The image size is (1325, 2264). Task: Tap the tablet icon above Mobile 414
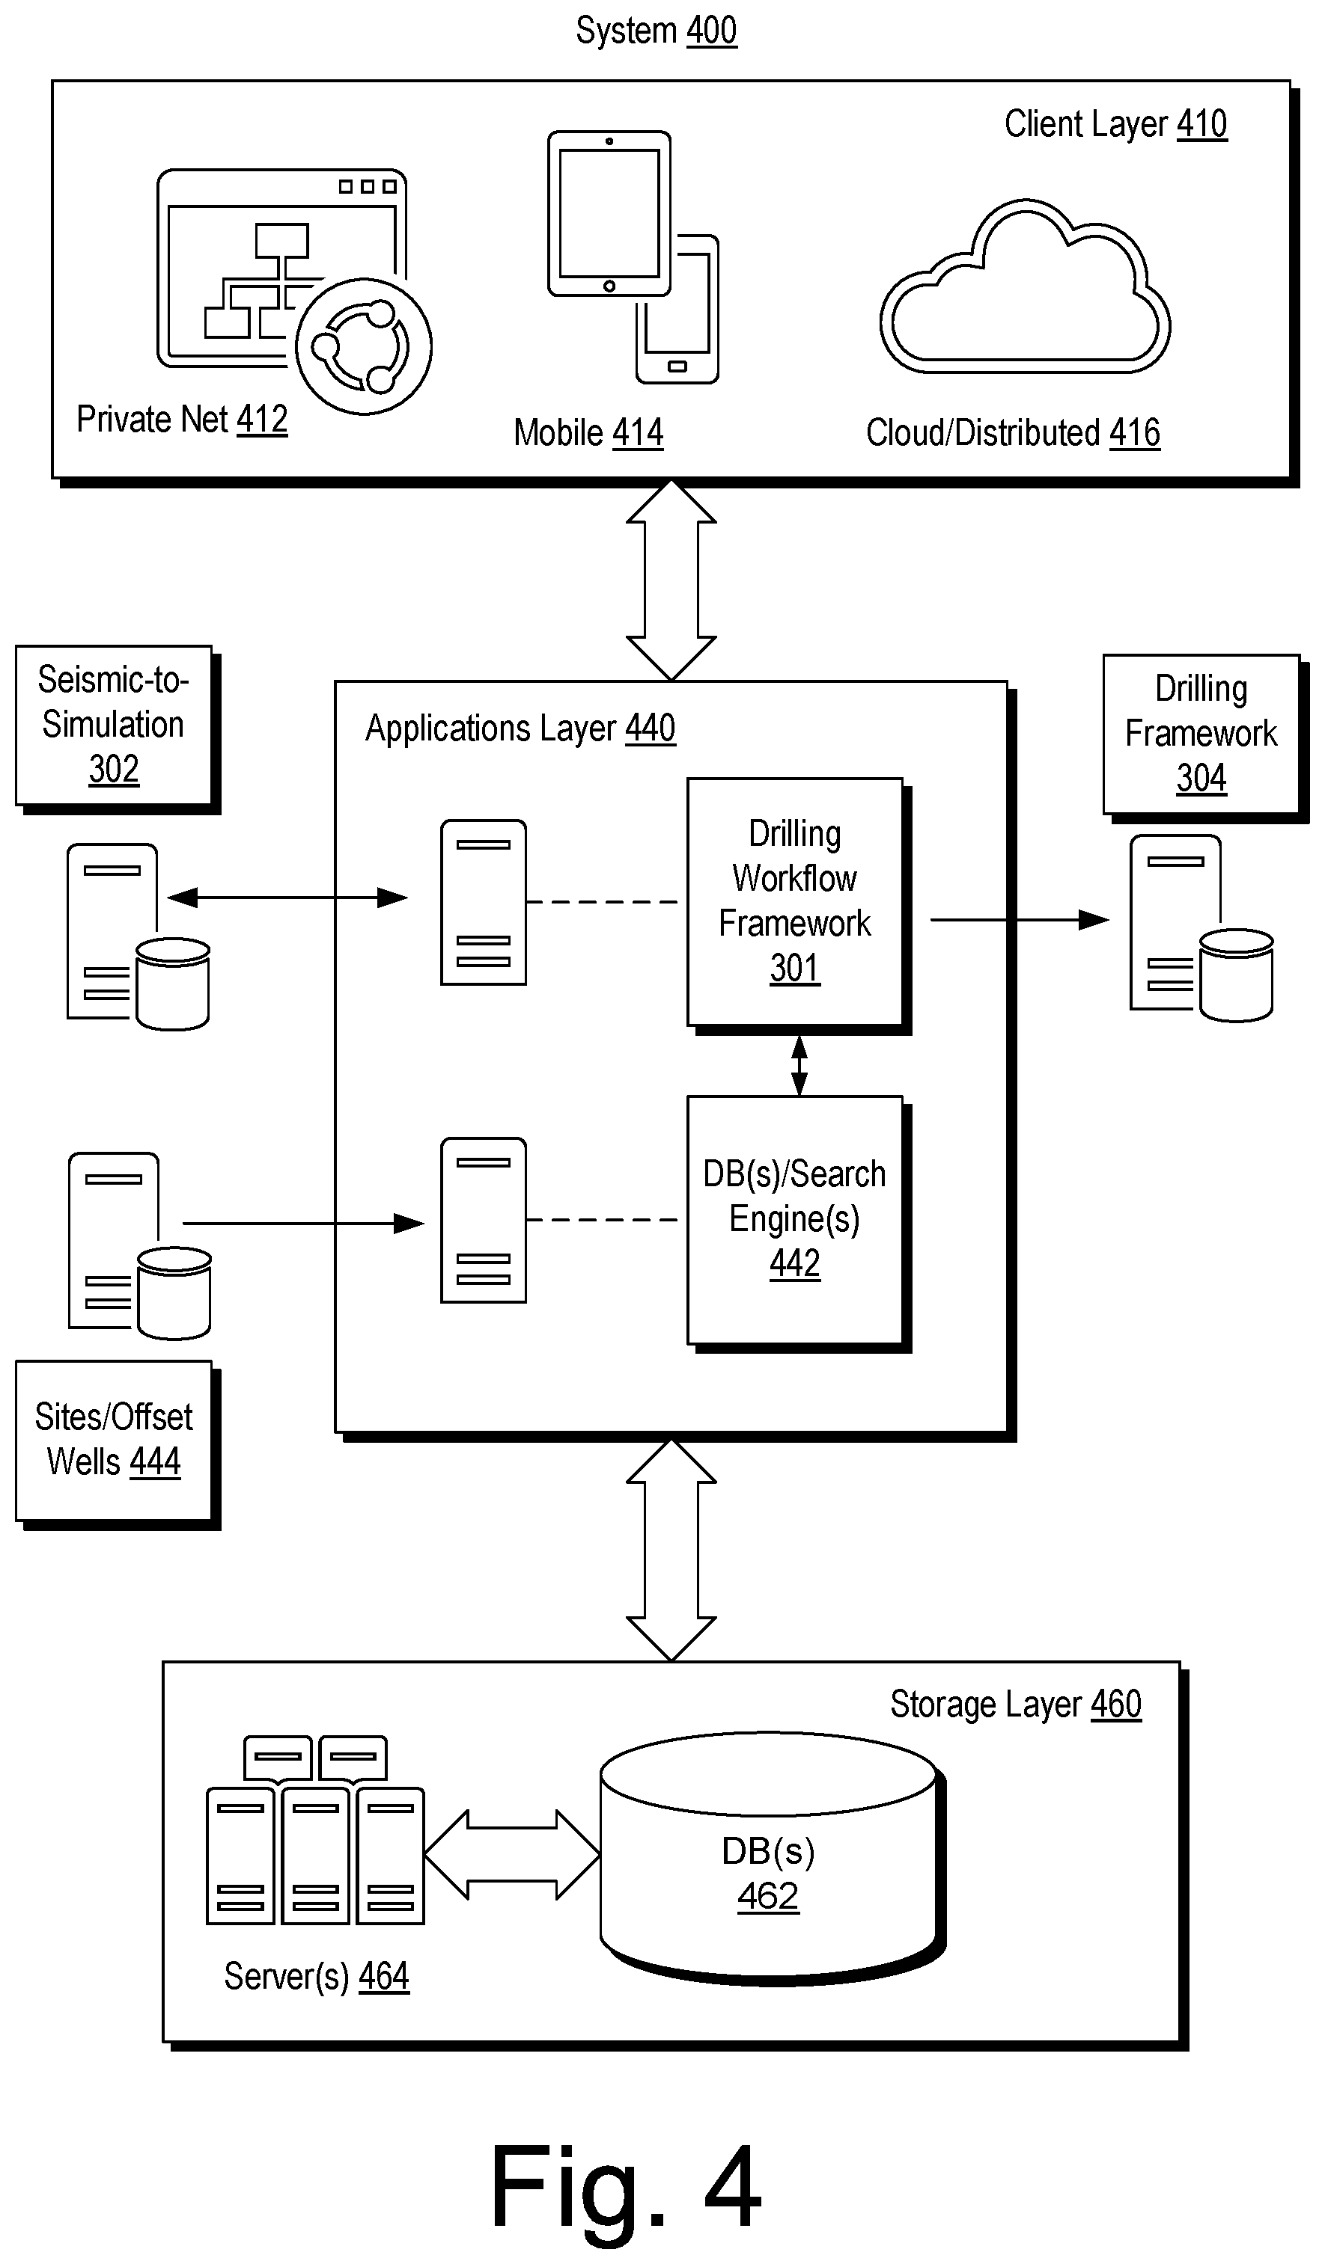coord(609,213)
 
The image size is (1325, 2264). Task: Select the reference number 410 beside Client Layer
coord(1201,124)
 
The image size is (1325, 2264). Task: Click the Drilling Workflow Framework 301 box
coord(795,901)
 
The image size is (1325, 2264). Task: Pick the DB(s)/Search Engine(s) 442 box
coord(795,1219)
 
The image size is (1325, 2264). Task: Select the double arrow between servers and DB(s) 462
coord(511,1854)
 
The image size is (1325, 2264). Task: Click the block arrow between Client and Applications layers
coord(671,580)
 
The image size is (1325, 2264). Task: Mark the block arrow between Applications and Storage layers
coord(671,1550)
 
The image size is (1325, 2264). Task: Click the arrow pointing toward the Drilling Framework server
coord(1020,920)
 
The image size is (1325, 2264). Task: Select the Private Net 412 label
coord(182,420)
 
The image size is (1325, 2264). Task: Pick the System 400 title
coord(657,31)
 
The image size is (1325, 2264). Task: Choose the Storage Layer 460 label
coord(1016,1705)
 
